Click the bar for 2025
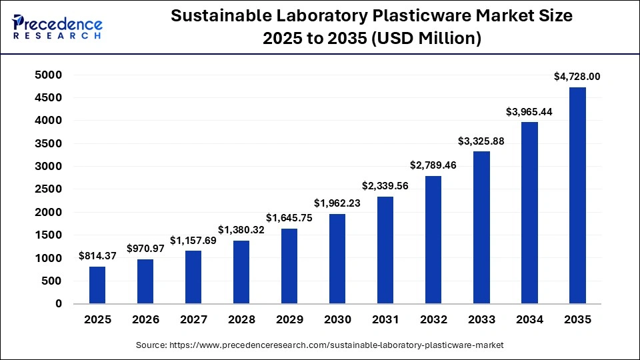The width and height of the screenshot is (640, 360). (97, 285)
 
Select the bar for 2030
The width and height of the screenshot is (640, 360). (337, 259)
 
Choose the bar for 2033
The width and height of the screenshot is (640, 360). (481, 227)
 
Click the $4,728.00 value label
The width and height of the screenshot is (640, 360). (577, 77)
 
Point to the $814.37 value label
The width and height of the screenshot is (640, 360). (97, 256)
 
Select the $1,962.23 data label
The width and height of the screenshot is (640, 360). (337, 203)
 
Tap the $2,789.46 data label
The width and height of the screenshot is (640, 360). (433, 165)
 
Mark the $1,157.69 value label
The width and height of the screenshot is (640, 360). (193, 240)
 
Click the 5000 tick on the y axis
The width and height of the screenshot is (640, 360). (48, 75)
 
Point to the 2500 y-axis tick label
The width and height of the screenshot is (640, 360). (48, 189)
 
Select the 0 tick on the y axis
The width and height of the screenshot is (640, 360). (59, 303)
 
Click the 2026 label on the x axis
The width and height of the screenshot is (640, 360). (145, 320)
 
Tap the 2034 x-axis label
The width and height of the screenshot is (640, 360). (529, 320)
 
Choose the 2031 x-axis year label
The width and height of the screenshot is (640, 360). (385, 320)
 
